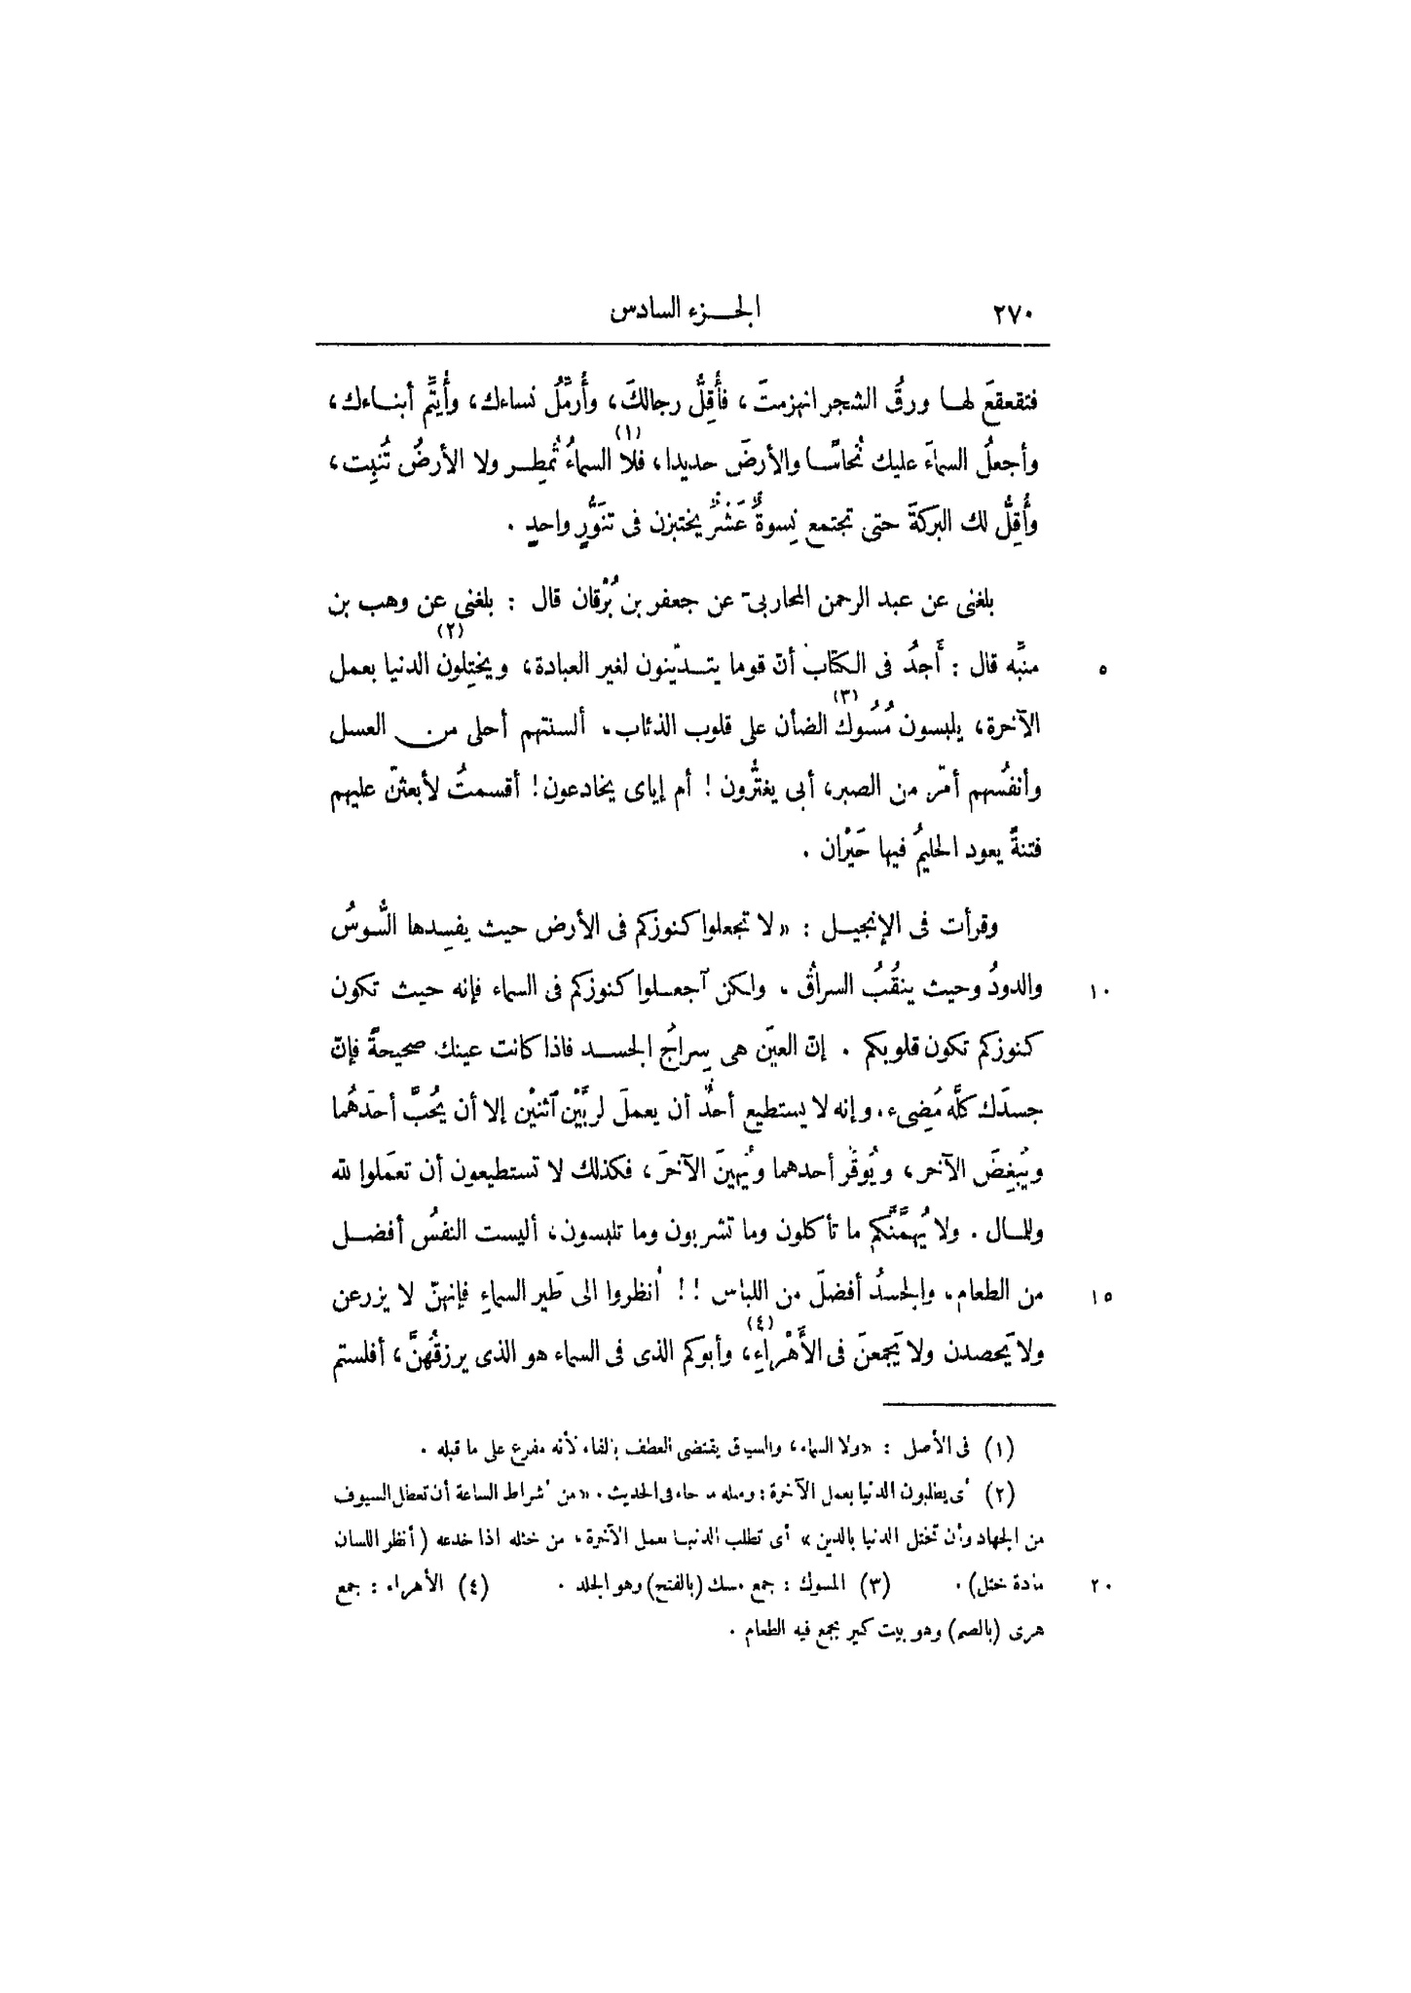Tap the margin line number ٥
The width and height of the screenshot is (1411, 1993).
(1101, 671)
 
